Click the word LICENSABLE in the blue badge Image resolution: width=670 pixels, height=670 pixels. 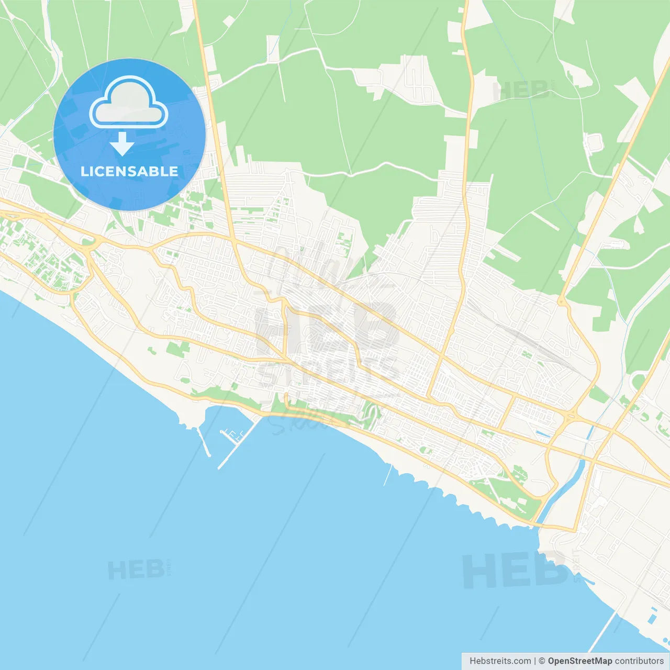(x=129, y=171)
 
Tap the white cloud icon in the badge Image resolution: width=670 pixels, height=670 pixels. (x=129, y=104)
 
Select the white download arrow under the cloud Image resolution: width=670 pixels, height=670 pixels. (x=122, y=144)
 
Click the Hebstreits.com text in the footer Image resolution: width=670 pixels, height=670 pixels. (x=500, y=661)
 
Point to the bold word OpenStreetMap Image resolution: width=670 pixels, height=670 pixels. (x=579, y=661)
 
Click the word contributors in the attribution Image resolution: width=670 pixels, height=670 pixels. (x=639, y=661)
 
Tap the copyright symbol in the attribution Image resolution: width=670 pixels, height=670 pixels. (x=542, y=661)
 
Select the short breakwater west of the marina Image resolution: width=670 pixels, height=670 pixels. (x=204, y=442)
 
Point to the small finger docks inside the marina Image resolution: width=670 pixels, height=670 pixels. (x=233, y=434)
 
